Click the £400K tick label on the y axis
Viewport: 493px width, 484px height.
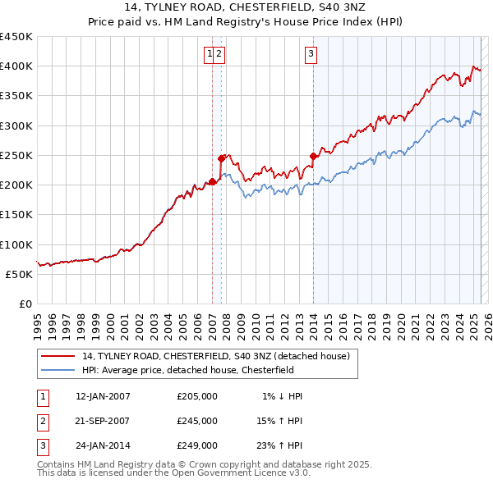(16, 66)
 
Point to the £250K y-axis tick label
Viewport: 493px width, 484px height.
(16, 155)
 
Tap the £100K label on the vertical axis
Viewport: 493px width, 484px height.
(16, 244)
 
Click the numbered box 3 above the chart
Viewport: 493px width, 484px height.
(312, 55)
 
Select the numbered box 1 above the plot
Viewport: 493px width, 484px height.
(210, 55)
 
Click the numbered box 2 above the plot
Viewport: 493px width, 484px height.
(221, 55)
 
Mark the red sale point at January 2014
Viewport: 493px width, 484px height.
(313, 156)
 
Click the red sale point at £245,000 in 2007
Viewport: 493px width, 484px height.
(221, 158)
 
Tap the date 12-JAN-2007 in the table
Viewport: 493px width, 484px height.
(103, 396)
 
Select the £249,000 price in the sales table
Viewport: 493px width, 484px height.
(197, 445)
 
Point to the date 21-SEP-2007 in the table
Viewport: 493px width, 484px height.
(103, 421)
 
